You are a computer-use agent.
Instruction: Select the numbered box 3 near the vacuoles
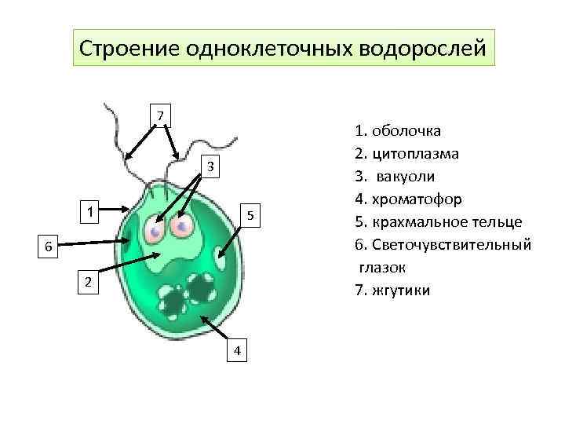[210, 166]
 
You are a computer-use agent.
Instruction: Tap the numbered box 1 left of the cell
[92, 211]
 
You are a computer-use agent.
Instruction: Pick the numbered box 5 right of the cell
[249, 215]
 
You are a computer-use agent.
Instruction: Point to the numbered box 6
[48, 247]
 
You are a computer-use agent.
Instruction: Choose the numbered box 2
[89, 282]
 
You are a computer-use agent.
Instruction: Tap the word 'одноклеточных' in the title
[269, 49]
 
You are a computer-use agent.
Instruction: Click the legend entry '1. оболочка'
[397, 130]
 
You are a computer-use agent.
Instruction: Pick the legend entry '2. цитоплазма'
[406, 153]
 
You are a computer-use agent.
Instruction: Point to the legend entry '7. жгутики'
[392, 291]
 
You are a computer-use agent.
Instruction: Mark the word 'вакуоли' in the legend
[407, 176]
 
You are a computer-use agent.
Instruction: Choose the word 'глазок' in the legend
[383, 268]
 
